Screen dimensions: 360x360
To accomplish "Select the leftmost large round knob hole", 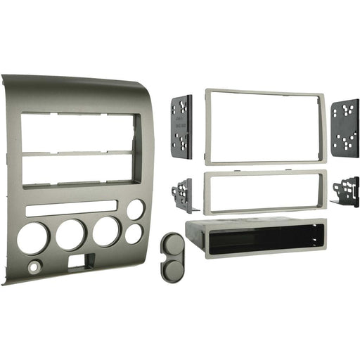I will [x=32, y=238].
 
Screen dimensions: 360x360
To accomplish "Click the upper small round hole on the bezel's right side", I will [x=135, y=209].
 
